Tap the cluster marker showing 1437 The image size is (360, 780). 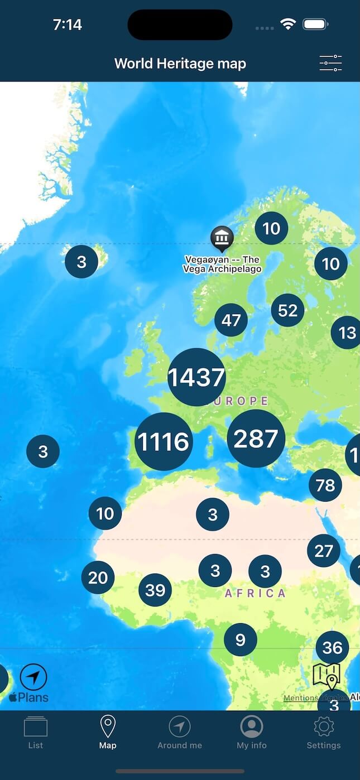pyautogui.click(x=196, y=377)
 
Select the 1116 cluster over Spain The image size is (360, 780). pyautogui.click(x=164, y=441)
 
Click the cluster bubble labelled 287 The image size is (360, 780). pyautogui.click(x=256, y=439)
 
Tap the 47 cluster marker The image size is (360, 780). pyautogui.click(x=231, y=320)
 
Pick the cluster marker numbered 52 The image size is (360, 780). pyautogui.click(x=288, y=310)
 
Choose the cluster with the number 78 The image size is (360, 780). pyautogui.click(x=325, y=485)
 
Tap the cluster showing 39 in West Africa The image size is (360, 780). pyautogui.click(x=155, y=590)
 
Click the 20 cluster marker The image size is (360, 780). pyautogui.click(x=98, y=577)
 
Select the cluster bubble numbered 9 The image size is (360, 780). pyautogui.click(x=241, y=639)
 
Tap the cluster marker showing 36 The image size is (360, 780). pyautogui.click(x=332, y=648)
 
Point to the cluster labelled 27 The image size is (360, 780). pyautogui.click(x=324, y=551)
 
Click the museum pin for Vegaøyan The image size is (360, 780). pyautogui.click(x=222, y=238)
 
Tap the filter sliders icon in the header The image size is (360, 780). pyautogui.click(x=330, y=63)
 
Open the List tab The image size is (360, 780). pyautogui.click(x=36, y=733)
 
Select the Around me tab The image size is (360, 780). pyautogui.click(x=180, y=733)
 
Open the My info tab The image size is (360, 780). pyautogui.click(x=252, y=733)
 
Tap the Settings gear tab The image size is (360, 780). pyautogui.click(x=324, y=733)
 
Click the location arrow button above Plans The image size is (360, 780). pyautogui.click(x=33, y=677)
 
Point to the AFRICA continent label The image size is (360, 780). pyautogui.click(x=255, y=593)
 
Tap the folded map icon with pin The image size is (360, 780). pyautogui.click(x=327, y=677)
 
